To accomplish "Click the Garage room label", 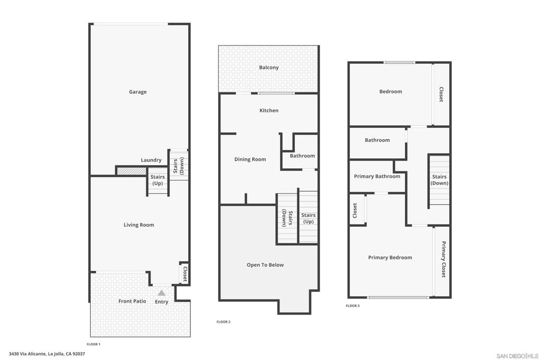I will coord(138,92).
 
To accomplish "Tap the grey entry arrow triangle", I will coord(161,293).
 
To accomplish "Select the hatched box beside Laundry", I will coord(131,171).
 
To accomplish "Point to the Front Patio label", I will coord(132,301).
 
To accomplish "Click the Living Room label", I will coord(139,225).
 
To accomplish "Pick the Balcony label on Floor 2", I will coord(269,67).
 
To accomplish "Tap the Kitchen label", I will coord(269,111).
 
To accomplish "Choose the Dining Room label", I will coord(250,159).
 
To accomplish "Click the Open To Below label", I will coord(265,265).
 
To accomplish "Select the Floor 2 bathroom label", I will coord(302,155).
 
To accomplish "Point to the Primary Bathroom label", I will coord(377,177).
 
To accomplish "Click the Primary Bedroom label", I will coord(390,258).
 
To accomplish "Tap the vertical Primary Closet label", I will coord(443,259).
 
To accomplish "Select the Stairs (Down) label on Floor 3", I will coord(439,180).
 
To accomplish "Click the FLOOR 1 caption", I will coord(93,344).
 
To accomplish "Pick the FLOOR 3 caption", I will coord(353,306).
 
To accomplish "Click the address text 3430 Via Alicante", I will coord(47,354).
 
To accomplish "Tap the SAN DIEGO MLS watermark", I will coord(517,356).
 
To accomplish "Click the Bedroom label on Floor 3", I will coord(391,92).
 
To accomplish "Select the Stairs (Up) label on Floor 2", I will coord(308,218).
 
